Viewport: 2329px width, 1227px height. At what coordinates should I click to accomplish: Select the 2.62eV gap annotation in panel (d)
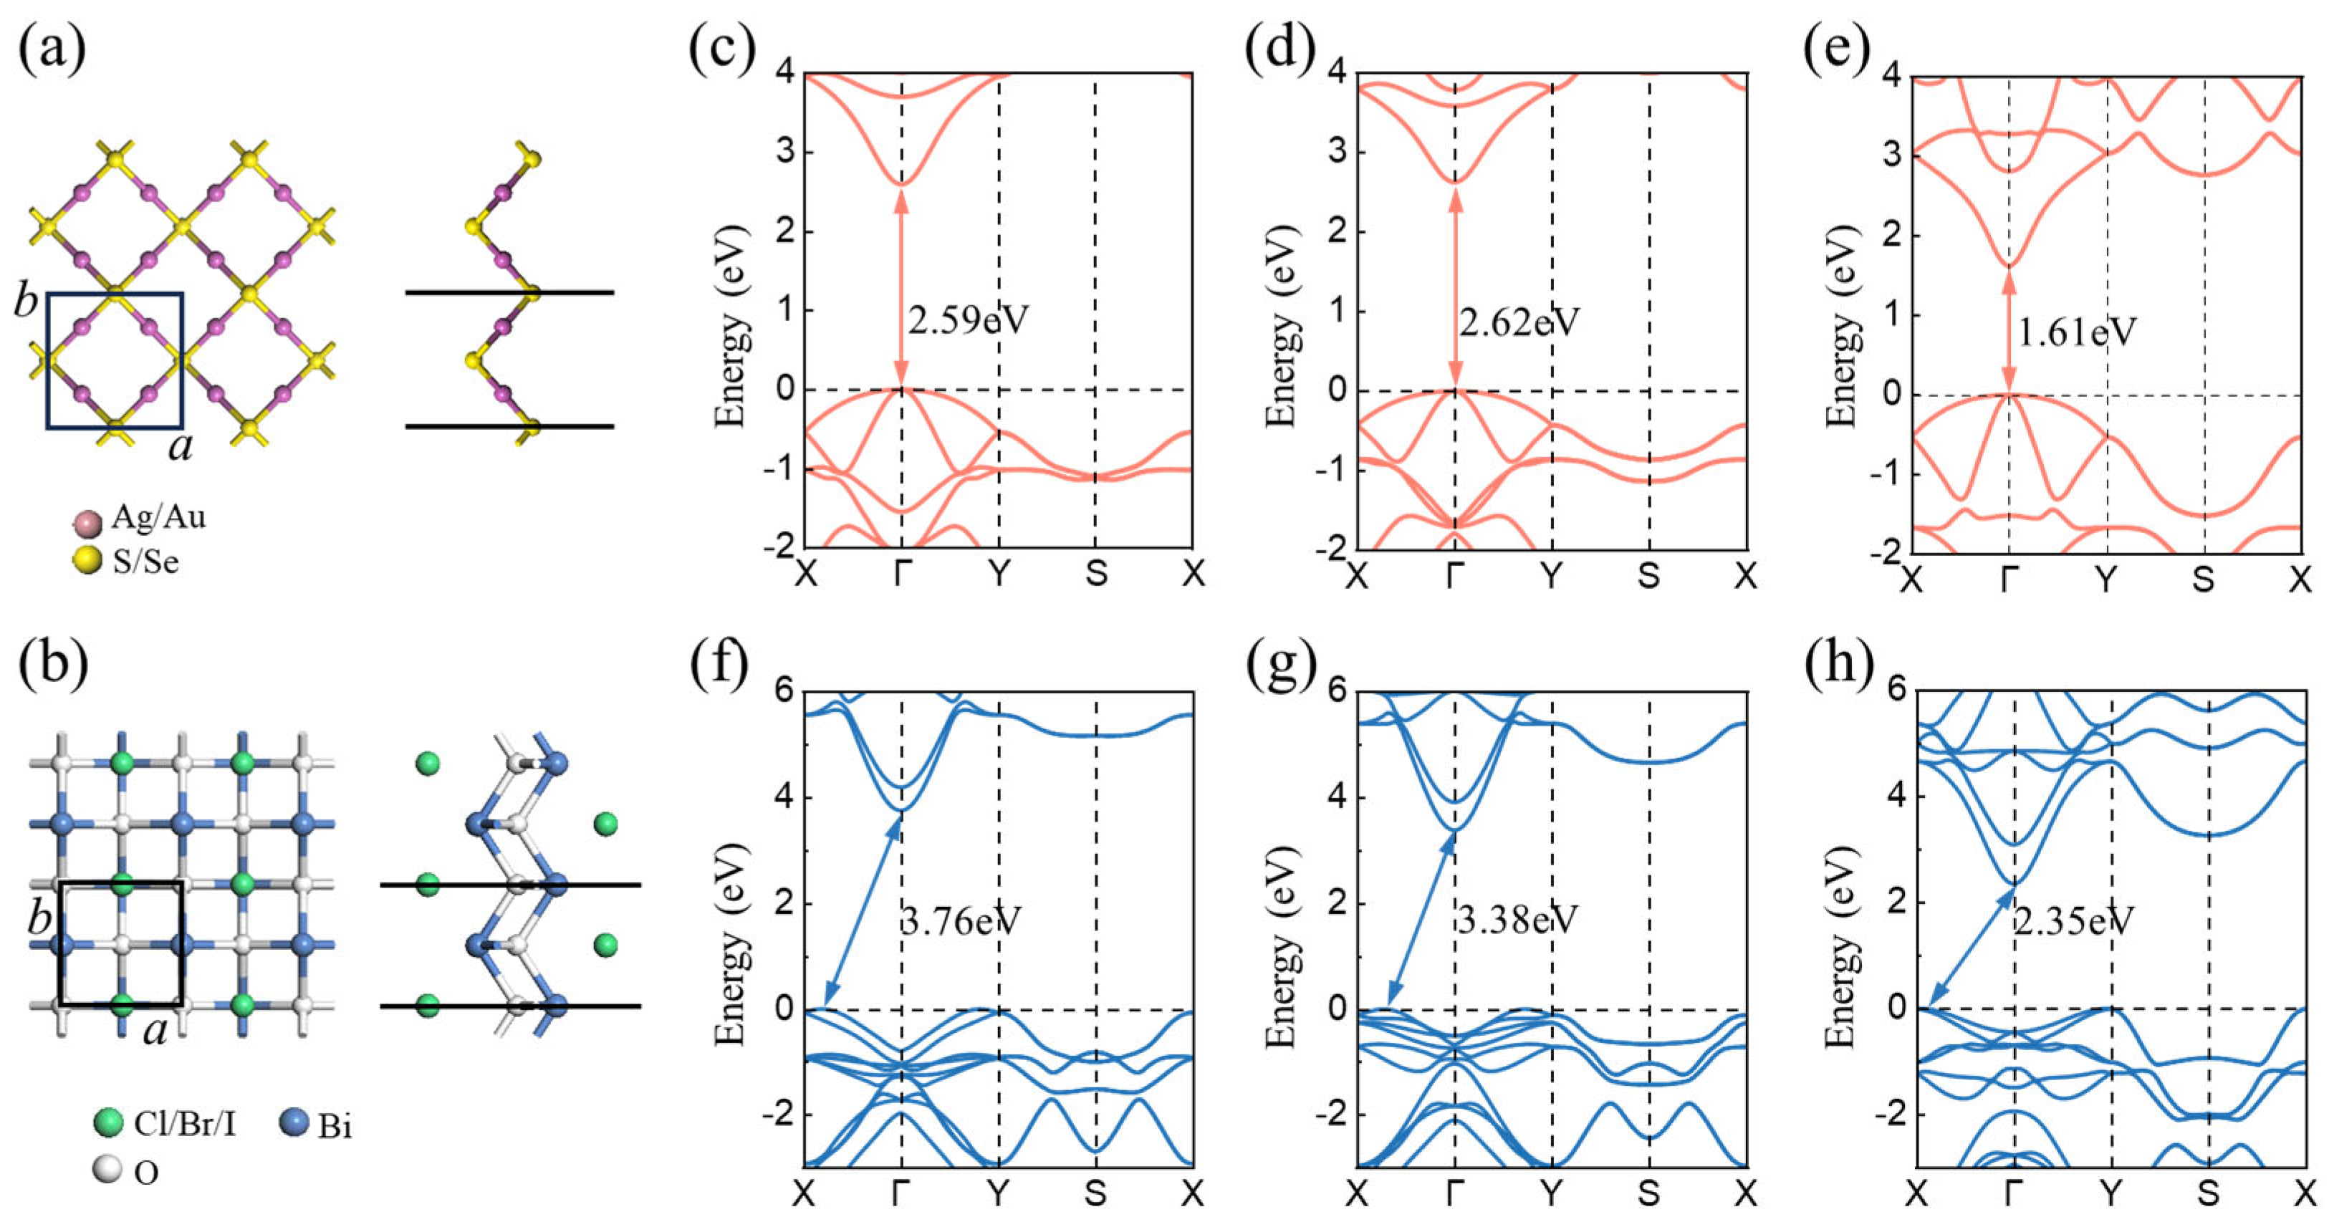click(1519, 322)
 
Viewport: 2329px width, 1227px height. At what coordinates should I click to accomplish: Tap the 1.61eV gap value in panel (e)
click(2078, 333)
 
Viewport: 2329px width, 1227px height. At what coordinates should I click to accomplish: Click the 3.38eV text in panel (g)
click(1518, 920)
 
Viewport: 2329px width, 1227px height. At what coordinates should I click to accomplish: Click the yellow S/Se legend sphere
click(87, 562)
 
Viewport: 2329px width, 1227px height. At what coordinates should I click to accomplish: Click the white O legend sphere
click(107, 1170)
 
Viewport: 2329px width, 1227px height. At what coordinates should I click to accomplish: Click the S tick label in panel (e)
click(2204, 579)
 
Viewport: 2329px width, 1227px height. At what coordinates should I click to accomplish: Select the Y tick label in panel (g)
click(1552, 1193)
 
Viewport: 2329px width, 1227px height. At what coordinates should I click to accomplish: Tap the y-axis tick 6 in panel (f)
click(783, 692)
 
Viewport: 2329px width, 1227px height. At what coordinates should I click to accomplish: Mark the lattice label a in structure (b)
click(155, 1030)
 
